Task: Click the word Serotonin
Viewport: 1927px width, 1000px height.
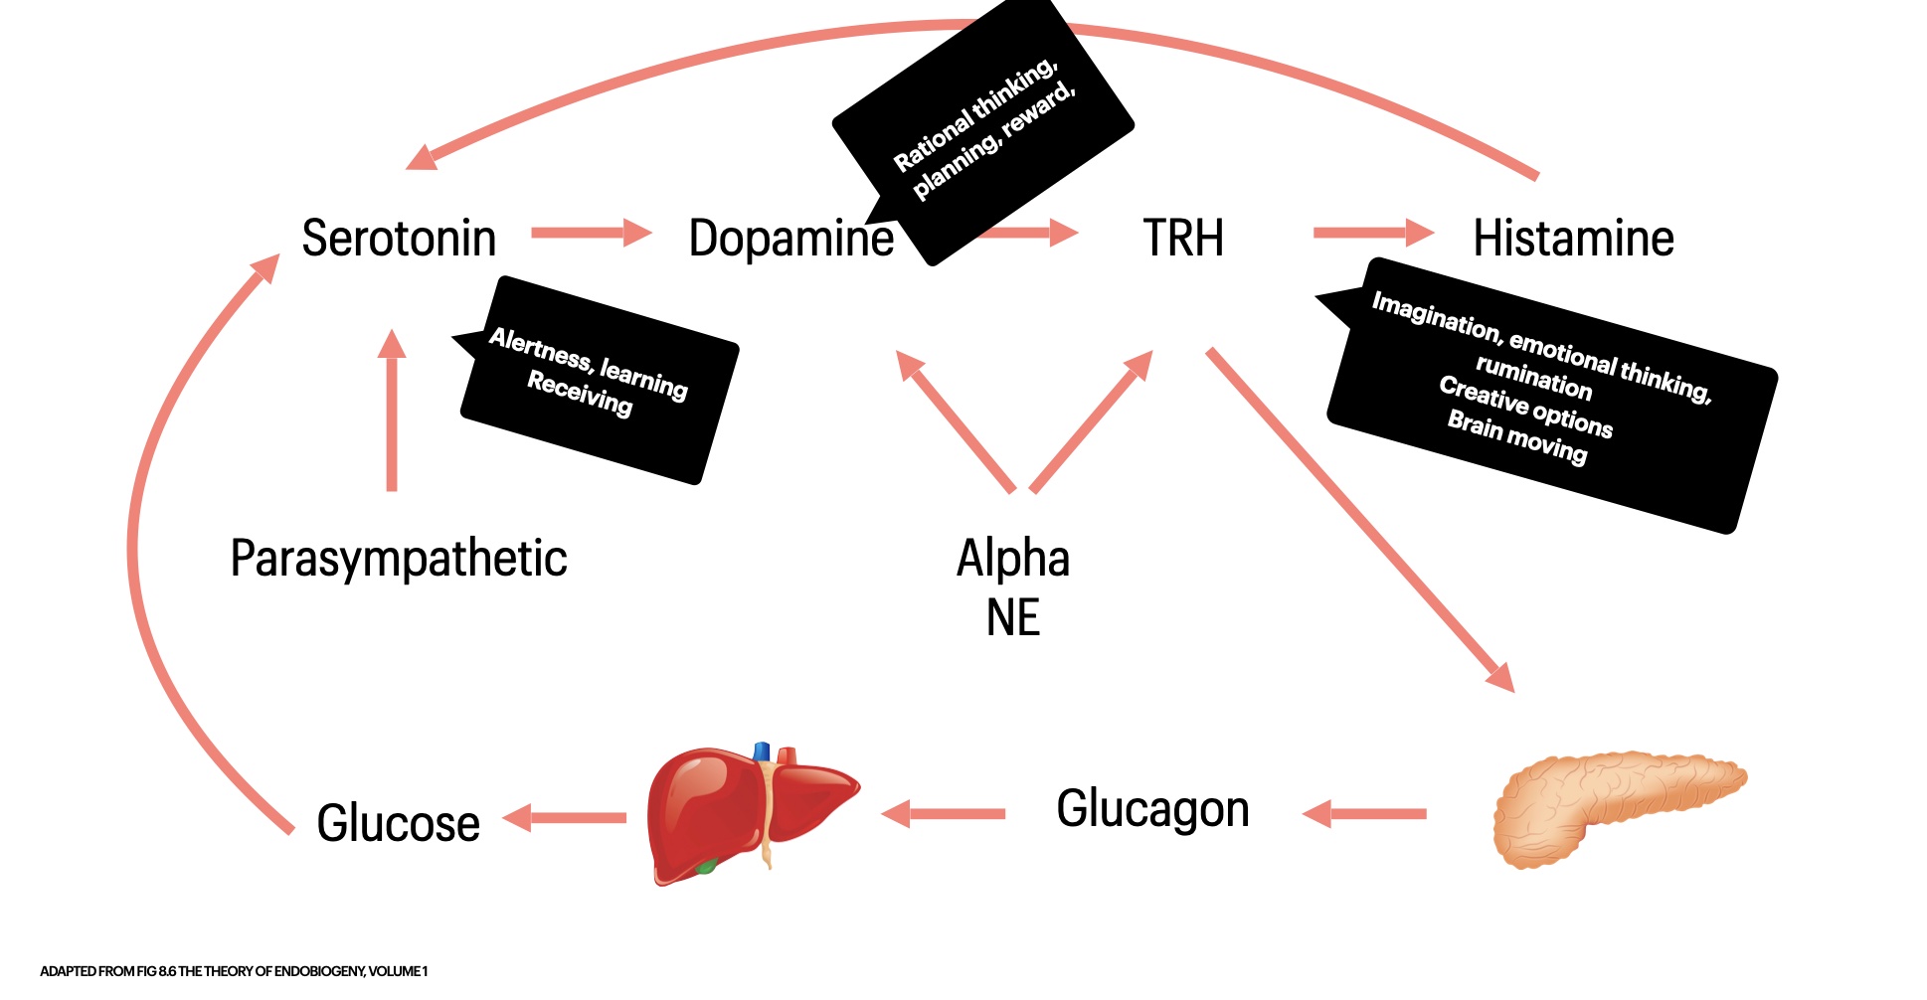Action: [399, 239]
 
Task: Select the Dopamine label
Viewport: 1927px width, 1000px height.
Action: [790, 239]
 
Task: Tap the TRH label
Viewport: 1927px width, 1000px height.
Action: [1183, 239]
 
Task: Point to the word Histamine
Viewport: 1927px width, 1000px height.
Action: [1573, 239]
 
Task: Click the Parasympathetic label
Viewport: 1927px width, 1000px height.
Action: [398, 559]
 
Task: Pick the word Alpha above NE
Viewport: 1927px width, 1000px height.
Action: [1013, 558]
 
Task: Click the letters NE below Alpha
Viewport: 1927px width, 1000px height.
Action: [1013, 617]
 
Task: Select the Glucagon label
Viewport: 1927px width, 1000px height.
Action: [1152, 808]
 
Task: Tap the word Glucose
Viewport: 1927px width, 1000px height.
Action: [398, 823]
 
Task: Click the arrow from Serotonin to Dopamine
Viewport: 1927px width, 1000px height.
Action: [591, 234]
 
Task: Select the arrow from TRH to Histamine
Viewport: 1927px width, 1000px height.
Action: [1373, 234]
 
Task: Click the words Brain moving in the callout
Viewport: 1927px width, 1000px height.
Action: [1516, 436]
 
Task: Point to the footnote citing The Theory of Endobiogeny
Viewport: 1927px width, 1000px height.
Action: [234, 971]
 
